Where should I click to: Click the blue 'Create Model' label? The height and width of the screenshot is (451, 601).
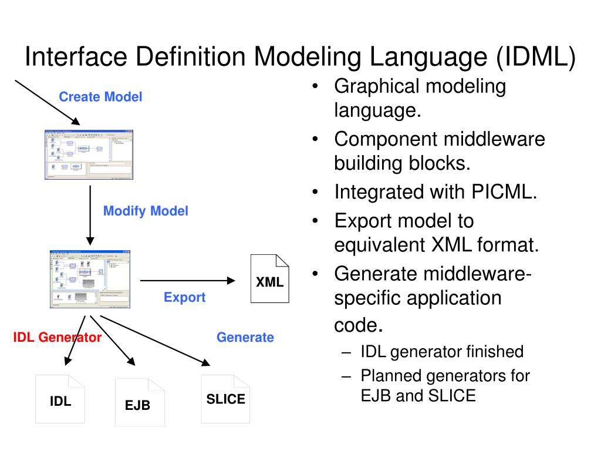pyautogui.click(x=100, y=97)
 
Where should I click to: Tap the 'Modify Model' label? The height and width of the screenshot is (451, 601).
pyautogui.click(x=146, y=211)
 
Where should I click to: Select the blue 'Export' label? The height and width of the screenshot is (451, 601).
pyautogui.click(x=184, y=298)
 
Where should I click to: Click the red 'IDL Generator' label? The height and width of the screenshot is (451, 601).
pyautogui.click(x=58, y=338)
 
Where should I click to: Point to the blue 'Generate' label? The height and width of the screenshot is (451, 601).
pyautogui.click(x=245, y=338)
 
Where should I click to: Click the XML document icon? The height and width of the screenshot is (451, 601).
pyautogui.click(x=270, y=278)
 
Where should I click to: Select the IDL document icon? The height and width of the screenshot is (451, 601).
pyautogui.click(x=60, y=399)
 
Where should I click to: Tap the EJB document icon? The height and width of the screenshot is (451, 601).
pyautogui.click(x=140, y=402)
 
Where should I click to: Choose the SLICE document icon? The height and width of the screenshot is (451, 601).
pyautogui.click(x=225, y=399)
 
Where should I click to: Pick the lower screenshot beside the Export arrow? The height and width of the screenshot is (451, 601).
pyautogui.click(x=90, y=279)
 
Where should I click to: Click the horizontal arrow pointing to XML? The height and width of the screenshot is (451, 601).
pyautogui.click(x=187, y=281)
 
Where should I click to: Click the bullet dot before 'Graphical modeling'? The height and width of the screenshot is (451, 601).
pyautogui.click(x=316, y=87)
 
